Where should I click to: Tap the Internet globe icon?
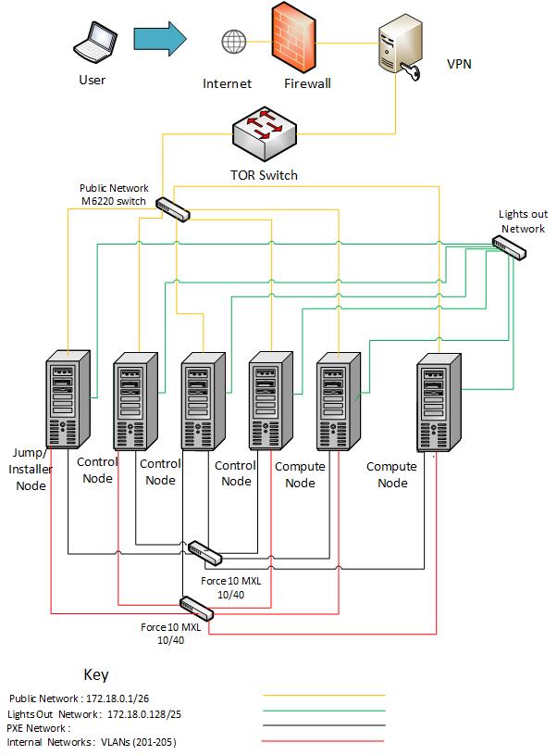point(233,42)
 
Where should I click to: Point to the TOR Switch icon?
point(266,132)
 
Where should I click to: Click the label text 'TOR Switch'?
point(264,175)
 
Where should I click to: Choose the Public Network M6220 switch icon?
point(173,209)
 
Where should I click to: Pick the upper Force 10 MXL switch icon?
point(204,554)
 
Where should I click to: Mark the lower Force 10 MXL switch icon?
point(197,609)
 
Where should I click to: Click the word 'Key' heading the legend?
point(97,674)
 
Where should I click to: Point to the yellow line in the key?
point(324,694)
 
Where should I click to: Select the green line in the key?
point(324,711)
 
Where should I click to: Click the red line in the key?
point(324,742)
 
